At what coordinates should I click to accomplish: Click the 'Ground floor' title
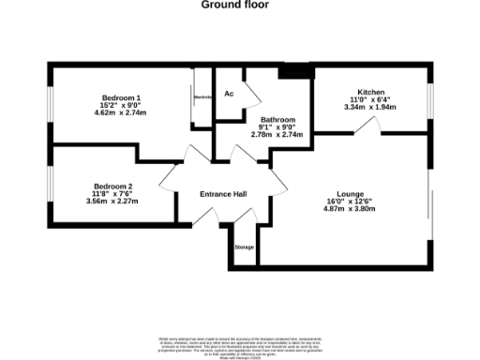click(x=235, y=5)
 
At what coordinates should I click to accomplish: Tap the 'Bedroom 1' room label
click(x=122, y=97)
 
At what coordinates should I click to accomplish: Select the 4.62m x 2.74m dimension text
click(x=122, y=112)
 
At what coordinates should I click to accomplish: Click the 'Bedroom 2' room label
click(x=112, y=186)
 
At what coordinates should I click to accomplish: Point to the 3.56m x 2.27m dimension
click(x=112, y=201)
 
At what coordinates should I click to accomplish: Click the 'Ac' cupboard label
click(x=229, y=94)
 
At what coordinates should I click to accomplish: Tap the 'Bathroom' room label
click(x=278, y=120)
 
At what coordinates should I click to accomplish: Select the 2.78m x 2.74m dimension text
click(x=278, y=135)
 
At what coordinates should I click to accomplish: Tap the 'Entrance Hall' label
click(x=223, y=194)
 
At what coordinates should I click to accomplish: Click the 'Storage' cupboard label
click(x=244, y=247)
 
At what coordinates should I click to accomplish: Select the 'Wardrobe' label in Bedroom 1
click(x=202, y=97)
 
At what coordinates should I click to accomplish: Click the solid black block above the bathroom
click(x=295, y=71)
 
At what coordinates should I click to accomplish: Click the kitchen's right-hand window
click(x=431, y=97)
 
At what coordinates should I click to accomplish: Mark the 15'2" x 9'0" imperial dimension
click(x=122, y=105)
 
